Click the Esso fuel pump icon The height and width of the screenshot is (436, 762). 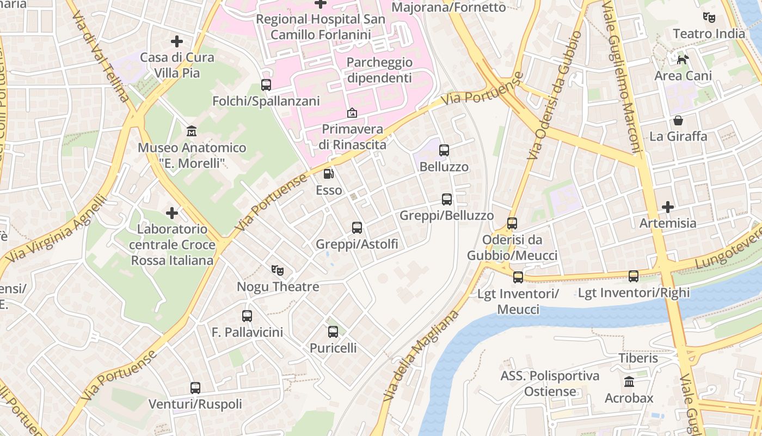point(329,174)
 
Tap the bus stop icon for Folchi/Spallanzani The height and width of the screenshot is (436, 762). point(266,85)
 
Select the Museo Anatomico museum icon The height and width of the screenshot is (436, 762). point(192,131)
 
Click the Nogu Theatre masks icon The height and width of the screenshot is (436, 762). point(278,270)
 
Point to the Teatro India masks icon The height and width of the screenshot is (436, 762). point(709,17)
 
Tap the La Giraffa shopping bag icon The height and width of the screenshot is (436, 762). point(678,120)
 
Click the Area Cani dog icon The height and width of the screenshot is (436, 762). point(683,59)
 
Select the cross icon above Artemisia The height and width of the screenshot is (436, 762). point(667,207)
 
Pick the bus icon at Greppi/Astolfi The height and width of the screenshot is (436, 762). point(357,228)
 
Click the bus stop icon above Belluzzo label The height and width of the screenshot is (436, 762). point(444,150)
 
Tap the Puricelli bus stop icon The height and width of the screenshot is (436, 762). point(333,331)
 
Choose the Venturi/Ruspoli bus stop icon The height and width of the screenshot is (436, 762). point(195,388)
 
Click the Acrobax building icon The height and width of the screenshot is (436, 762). point(629,381)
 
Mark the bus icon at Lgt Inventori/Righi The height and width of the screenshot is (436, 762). point(634,276)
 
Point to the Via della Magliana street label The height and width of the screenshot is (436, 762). point(421,357)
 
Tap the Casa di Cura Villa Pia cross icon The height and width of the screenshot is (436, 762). point(176,41)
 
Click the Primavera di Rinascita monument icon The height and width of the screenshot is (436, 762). point(352,113)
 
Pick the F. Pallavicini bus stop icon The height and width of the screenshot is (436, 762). point(247,316)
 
